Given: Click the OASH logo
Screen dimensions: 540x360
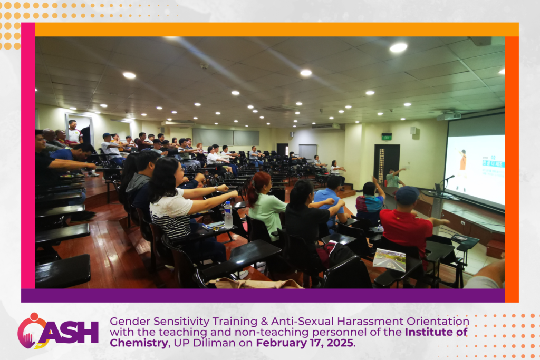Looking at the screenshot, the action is click(x=58, y=332).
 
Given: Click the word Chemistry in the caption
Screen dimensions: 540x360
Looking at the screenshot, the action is click(x=139, y=343).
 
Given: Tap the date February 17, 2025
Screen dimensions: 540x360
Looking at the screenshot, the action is click(x=304, y=343).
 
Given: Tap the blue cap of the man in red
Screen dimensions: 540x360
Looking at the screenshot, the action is click(x=407, y=194).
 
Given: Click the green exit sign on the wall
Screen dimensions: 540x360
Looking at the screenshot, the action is click(x=387, y=137).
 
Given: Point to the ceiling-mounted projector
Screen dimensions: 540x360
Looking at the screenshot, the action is click(x=448, y=116).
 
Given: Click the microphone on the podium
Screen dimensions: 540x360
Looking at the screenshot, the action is click(x=448, y=178).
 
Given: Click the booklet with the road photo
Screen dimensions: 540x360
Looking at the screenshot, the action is click(x=389, y=259).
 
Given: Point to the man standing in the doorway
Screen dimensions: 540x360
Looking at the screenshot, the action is click(x=74, y=131).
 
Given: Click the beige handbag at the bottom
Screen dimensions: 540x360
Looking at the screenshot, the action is click(x=255, y=283).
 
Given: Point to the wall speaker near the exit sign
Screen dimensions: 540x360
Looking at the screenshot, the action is click(x=413, y=131).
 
